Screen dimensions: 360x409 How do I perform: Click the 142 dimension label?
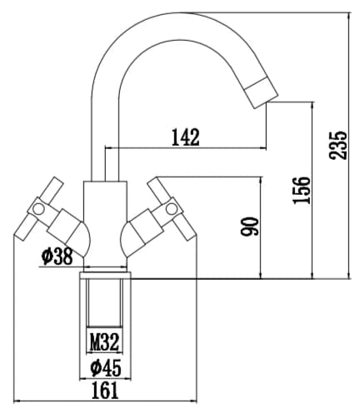186,137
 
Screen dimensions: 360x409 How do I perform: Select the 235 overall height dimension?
338,145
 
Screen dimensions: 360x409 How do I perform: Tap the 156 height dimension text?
302,190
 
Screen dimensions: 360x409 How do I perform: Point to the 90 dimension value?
250,227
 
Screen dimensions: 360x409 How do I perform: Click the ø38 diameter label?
57,256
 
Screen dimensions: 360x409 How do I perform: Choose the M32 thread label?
104,342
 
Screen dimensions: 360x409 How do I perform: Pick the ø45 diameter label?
106,367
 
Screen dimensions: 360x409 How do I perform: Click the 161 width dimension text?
105,390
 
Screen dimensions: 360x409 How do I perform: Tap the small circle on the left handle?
38,209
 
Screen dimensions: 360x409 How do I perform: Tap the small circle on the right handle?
171,208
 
